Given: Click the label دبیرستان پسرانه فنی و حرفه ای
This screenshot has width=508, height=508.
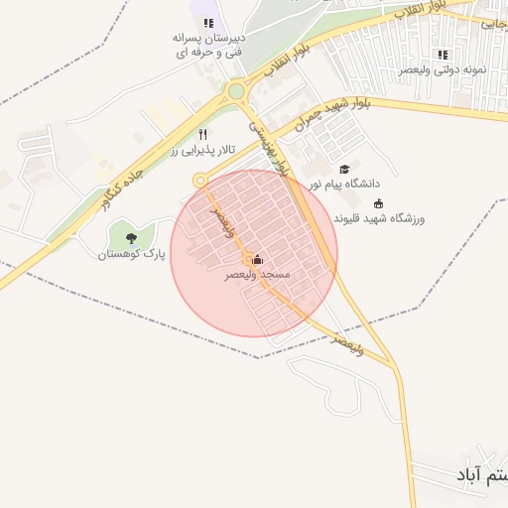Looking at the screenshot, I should point(209,45).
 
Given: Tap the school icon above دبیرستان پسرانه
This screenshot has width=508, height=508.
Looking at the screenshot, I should point(208,23).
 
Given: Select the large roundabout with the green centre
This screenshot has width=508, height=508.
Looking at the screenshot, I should point(236,93).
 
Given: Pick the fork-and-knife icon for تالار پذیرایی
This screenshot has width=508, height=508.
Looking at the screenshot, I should point(202,133).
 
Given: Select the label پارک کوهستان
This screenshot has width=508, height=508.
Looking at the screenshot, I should point(131,254).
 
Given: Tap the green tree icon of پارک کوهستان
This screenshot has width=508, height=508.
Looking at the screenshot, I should point(131,237).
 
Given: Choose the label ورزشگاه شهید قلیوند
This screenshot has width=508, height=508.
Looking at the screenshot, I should point(378,217).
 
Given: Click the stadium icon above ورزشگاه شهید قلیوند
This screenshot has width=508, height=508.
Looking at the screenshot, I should point(377,202).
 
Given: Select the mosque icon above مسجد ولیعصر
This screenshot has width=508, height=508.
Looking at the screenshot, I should point(258,259).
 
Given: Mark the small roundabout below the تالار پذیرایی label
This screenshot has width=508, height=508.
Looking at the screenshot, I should point(199,180).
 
